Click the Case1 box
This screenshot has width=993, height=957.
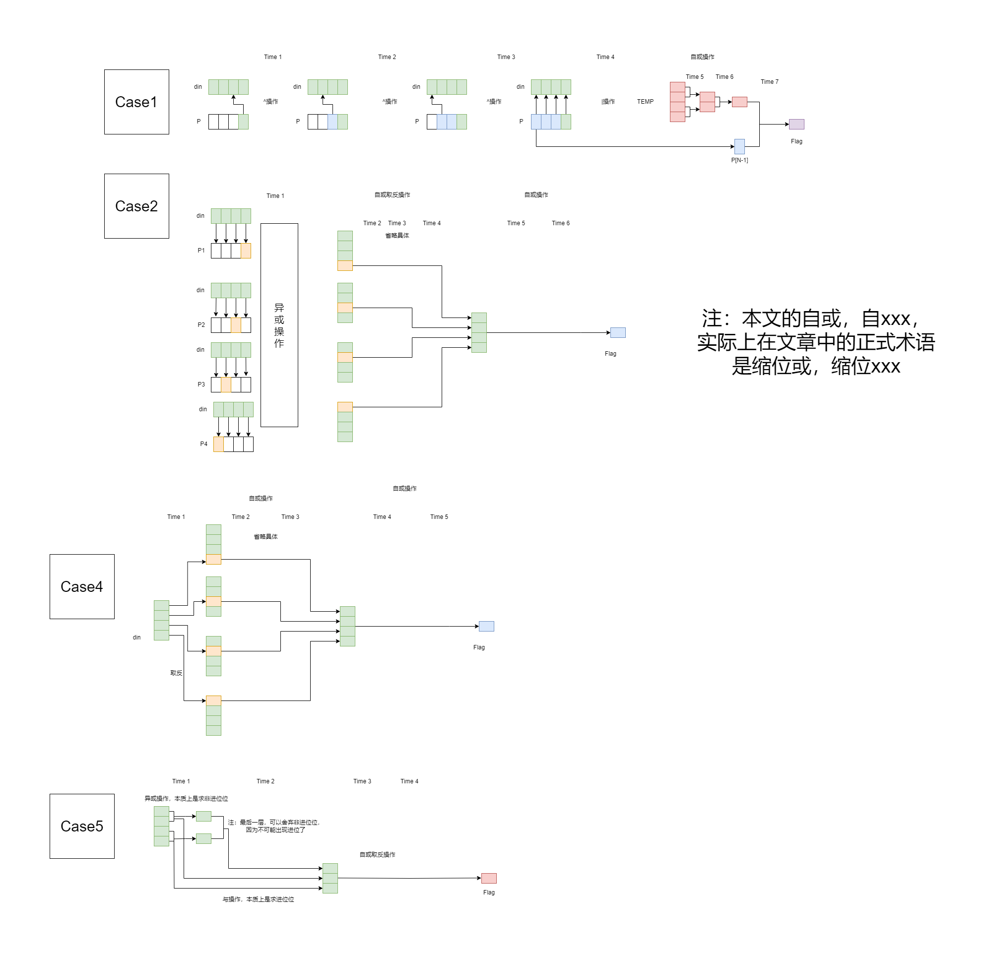tap(136, 102)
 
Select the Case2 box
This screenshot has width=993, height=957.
tap(136, 206)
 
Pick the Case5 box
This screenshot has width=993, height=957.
tap(81, 826)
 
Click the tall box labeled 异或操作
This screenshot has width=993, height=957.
tap(279, 325)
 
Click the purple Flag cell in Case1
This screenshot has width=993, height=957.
tap(796, 124)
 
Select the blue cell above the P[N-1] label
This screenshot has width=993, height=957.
tap(739, 146)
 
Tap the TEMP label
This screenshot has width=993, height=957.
tap(645, 102)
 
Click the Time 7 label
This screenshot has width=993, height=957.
tap(769, 81)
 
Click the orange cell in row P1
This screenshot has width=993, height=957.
tap(246, 251)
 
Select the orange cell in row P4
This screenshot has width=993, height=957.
tap(218, 445)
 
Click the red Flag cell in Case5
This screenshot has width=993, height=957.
tap(488, 878)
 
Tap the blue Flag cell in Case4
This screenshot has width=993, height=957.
tap(486, 626)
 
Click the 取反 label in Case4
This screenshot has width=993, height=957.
tap(176, 673)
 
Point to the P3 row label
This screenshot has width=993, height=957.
tap(201, 384)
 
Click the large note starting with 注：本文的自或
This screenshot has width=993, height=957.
tap(816, 342)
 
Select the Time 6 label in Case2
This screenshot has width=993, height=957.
tap(560, 223)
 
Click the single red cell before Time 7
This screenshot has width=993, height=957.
tap(739, 102)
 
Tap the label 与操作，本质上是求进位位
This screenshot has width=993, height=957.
tap(258, 899)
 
